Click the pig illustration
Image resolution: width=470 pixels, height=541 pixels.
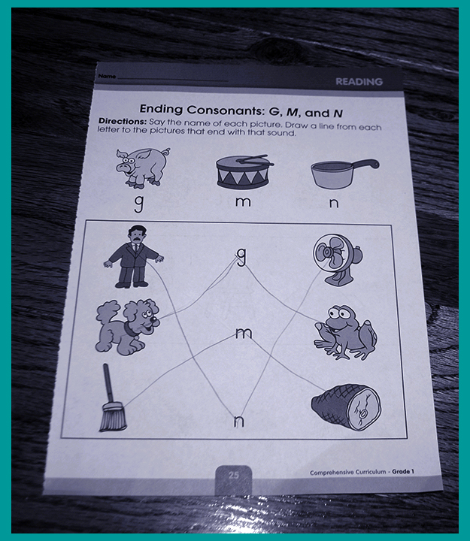point(142,168)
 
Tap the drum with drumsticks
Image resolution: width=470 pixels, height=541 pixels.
point(244,172)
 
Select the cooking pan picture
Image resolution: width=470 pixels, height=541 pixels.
point(343,174)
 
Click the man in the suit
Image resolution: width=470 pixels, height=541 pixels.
point(134,256)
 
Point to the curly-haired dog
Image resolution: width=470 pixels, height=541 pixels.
point(127,327)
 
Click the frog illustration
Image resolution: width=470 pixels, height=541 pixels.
point(345,333)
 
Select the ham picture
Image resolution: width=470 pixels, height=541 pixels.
point(346,407)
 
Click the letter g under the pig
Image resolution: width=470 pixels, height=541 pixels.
point(138,204)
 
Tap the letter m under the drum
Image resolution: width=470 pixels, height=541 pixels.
point(243,202)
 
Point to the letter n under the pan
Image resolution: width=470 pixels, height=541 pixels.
point(334,203)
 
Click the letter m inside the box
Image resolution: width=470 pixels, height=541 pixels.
point(244,333)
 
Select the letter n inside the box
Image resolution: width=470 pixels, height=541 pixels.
point(238,421)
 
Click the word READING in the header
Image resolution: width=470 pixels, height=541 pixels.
point(359,82)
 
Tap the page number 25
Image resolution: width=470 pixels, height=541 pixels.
point(233,475)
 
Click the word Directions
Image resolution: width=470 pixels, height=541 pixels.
point(123,121)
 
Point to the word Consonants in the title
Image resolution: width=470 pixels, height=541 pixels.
point(224,110)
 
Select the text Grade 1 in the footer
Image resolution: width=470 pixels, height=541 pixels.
point(403,471)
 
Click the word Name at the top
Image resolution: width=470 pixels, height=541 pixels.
point(107,76)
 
